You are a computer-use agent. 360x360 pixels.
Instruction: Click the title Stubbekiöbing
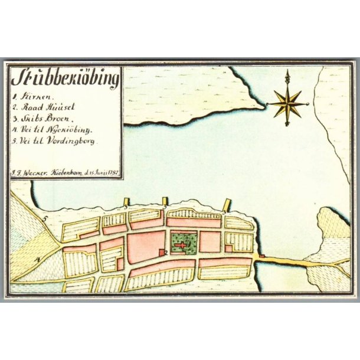pos(65,78)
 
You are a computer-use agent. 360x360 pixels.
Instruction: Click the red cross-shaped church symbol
pos(183,242)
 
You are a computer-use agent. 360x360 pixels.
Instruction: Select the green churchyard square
pos(183,242)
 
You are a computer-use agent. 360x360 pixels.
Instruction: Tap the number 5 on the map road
pos(44,218)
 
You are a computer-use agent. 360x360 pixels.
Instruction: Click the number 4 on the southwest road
pos(38,259)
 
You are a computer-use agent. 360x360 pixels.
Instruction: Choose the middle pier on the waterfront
pos(166,202)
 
